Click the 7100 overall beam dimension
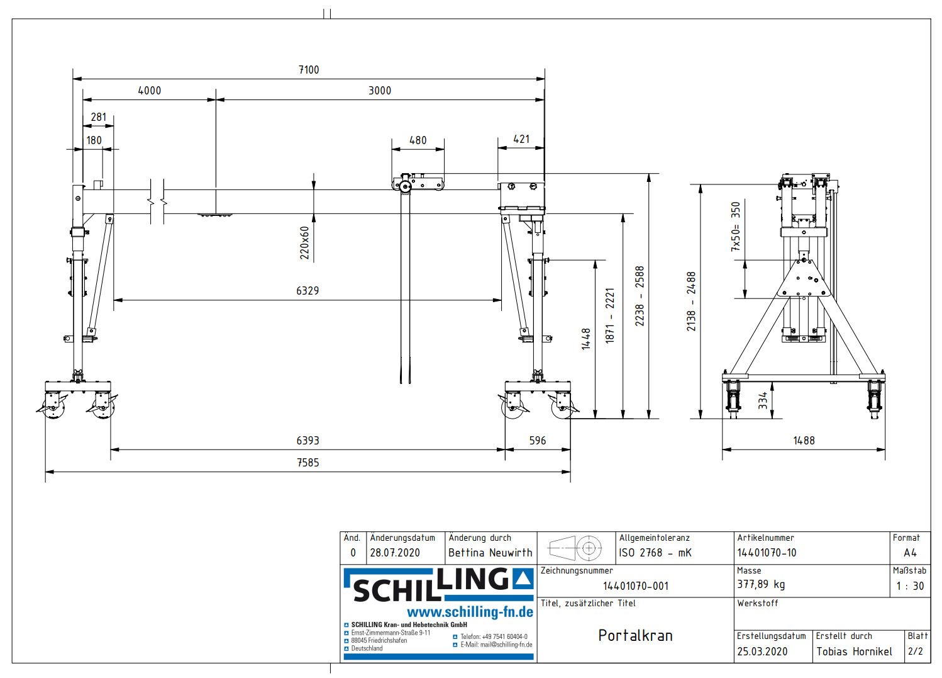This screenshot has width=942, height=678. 308,70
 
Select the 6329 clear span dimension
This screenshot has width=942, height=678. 308,291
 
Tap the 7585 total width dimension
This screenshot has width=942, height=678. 308,463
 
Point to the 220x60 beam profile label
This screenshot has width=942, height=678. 305,243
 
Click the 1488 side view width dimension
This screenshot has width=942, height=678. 804,441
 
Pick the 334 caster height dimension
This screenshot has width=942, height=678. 763,401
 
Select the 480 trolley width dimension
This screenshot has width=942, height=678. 418,140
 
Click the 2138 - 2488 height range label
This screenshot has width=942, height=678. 691,302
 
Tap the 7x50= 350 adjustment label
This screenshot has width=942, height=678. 736,227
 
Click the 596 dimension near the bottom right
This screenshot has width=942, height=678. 538,441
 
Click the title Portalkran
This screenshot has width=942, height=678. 635,636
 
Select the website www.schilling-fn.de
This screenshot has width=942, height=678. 470,612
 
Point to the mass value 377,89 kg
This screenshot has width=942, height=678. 761,584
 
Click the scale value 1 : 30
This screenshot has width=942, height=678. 910,585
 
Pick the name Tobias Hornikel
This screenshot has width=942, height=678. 854,652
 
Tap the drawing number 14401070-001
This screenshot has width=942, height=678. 635,586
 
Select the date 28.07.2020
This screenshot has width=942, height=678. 395,553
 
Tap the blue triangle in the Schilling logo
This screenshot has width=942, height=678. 523,579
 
